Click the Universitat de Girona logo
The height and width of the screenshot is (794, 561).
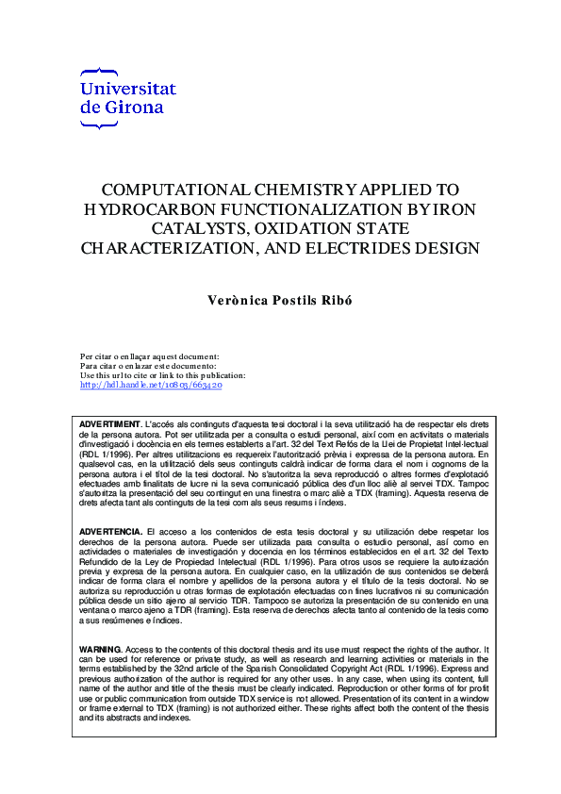tap(128, 91)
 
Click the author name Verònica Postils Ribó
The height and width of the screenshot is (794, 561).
tap(280, 300)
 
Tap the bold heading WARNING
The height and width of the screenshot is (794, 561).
tap(100, 649)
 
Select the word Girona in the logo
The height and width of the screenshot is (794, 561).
tap(134, 107)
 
